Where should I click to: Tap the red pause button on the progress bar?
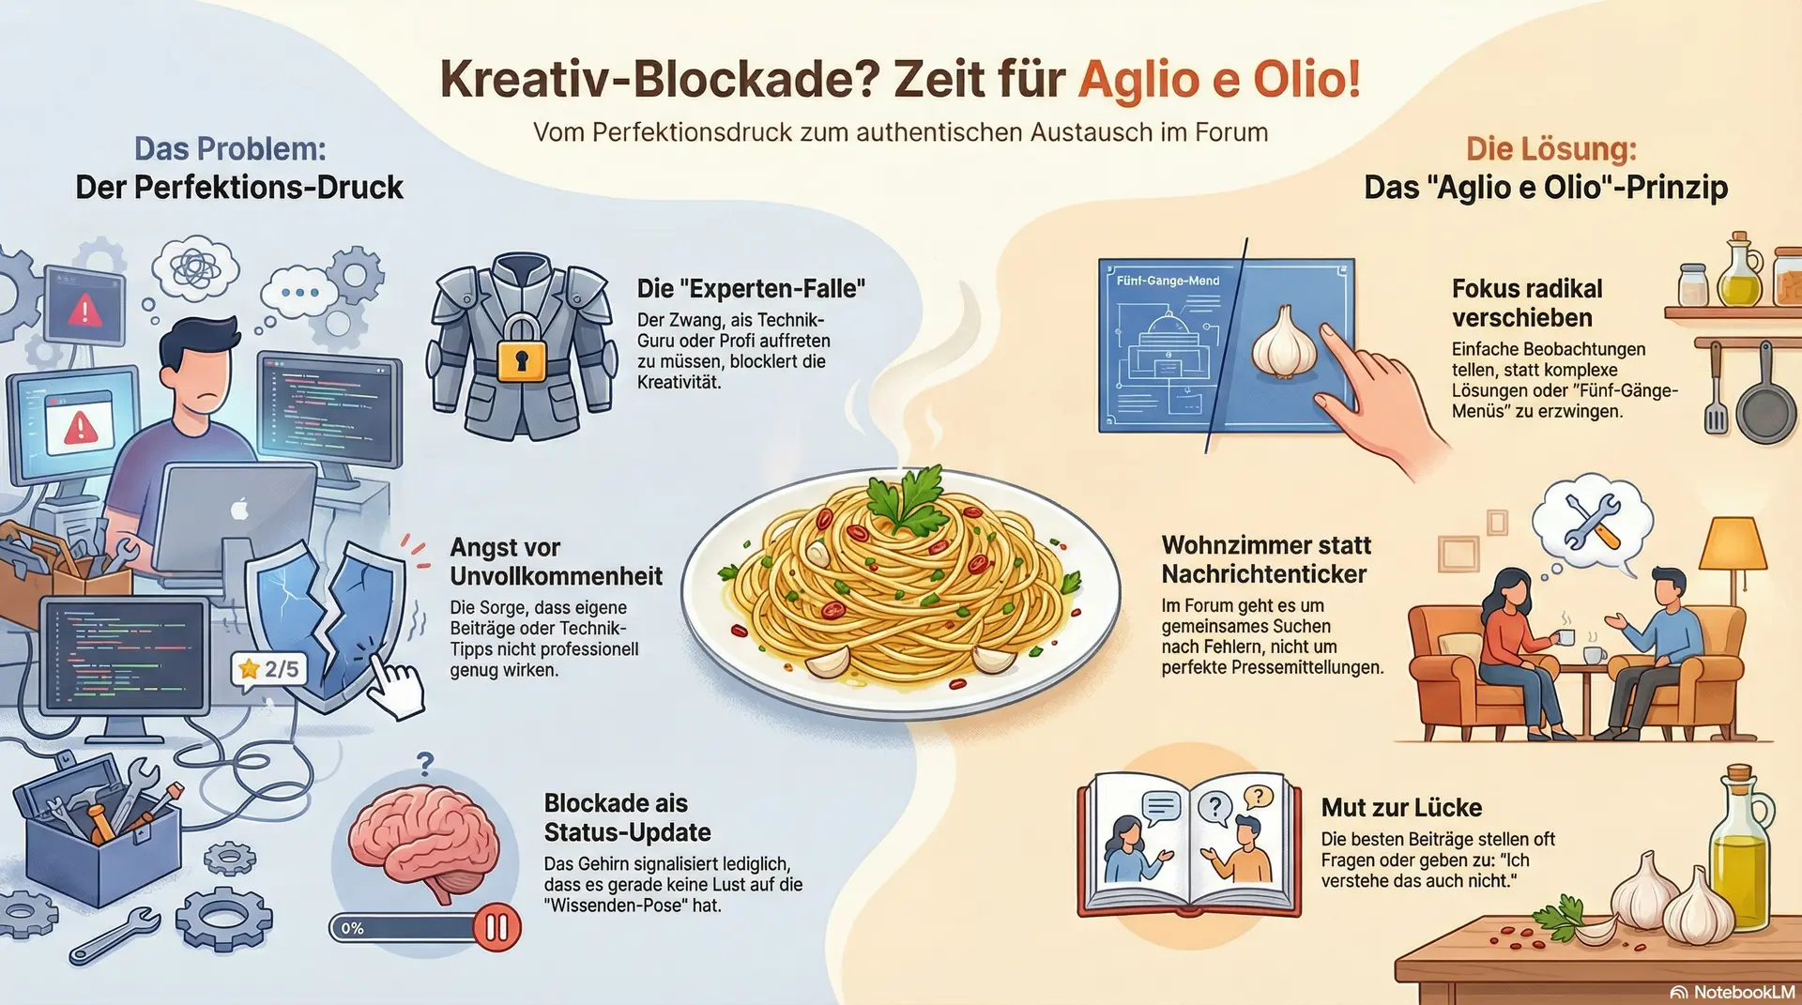(x=496, y=927)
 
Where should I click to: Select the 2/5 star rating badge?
(x=270, y=669)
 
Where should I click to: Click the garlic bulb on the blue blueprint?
(x=1285, y=343)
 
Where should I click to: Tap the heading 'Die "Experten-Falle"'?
(x=751, y=288)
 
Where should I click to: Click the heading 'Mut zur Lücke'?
(x=1401, y=807)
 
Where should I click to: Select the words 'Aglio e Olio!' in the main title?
(x=1219, y=79)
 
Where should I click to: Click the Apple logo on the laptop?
(x=240, y=509)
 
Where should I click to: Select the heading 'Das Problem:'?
(x=230, y=148)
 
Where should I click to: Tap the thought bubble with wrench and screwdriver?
(x=1592, y=520)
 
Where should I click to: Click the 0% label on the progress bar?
(x=352, y=928)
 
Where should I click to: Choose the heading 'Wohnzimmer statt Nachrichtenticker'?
(x=1266, y=559)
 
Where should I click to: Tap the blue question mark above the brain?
(x=425, y=763)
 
